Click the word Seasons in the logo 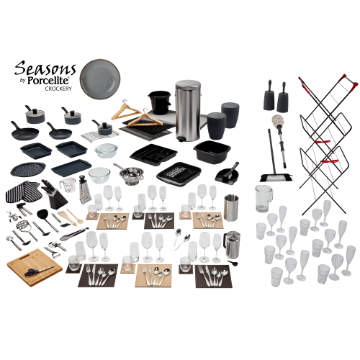pyautogui.click(x=45, y=69)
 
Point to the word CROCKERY pyautogui.click(x=58, y=89)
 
